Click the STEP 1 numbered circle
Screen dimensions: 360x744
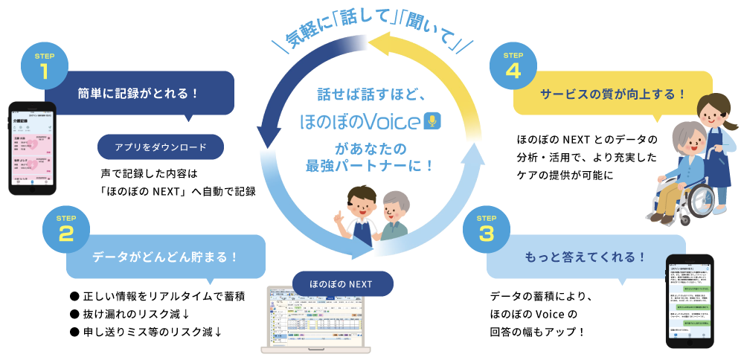coord(44,69)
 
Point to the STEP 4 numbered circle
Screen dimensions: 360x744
coord(513,69)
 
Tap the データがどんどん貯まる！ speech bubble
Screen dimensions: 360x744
coord(165,257)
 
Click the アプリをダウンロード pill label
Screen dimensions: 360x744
coord(161,147)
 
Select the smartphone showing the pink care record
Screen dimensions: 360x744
coord(32,149)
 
